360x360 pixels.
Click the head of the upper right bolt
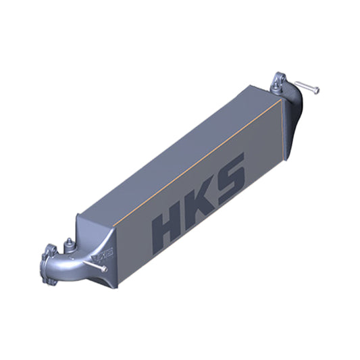[317, 88]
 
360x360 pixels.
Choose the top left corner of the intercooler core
[80, 215]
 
